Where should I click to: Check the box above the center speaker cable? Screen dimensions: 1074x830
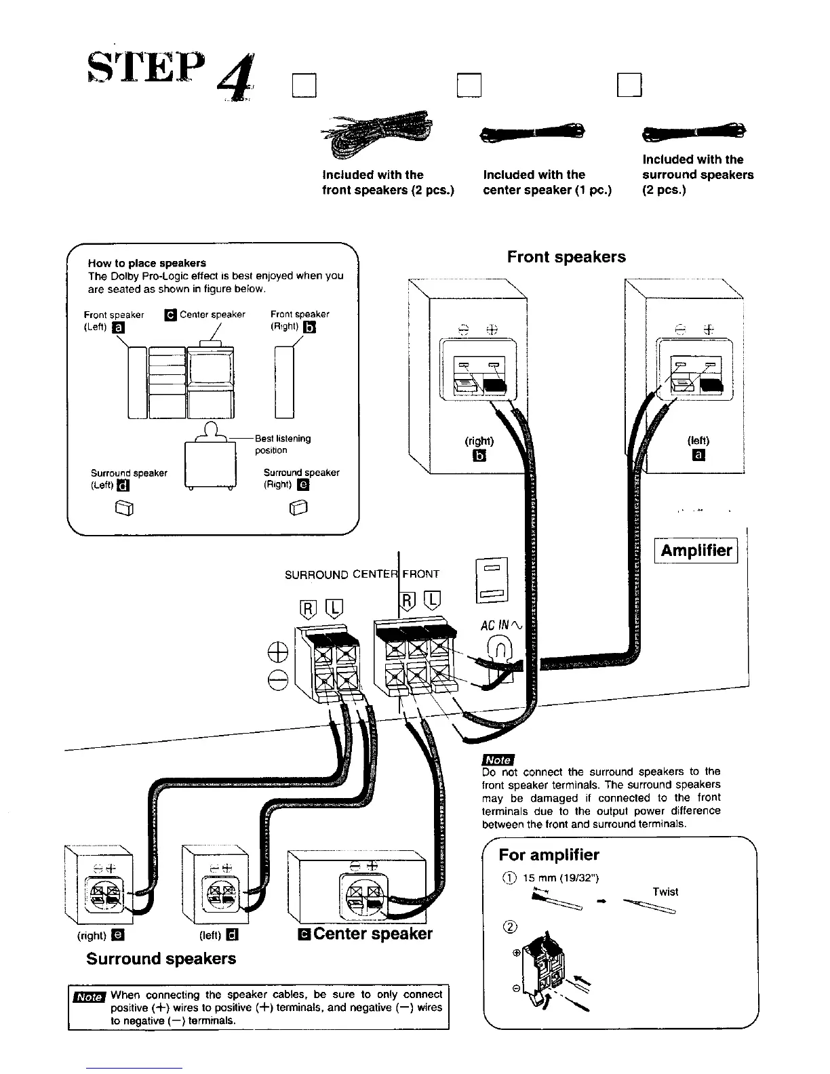468,85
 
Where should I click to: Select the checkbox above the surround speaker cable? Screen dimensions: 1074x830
629,85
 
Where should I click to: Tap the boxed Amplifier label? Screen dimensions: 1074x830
696,550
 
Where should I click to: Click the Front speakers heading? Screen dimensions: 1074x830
566,257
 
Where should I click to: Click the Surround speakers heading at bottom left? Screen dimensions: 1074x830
161,959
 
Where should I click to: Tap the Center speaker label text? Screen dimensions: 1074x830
373,934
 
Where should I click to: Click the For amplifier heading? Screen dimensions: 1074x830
549,854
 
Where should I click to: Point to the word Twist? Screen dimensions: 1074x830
665,892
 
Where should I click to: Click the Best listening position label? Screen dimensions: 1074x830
283,444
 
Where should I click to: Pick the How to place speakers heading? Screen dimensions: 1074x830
147,263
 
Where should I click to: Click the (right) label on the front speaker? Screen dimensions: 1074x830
479,441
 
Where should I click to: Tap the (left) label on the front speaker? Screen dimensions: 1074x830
698,440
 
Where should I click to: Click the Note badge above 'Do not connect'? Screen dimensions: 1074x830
498,760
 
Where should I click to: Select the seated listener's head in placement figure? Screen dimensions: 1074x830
211,429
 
